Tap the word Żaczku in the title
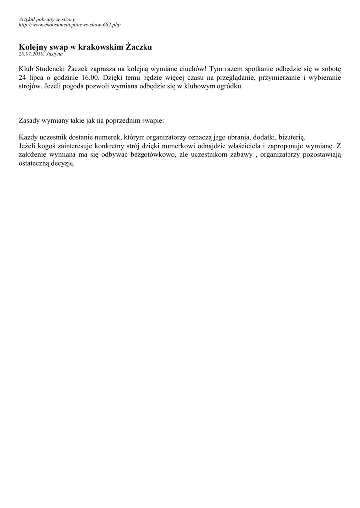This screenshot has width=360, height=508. pyautogui.click(x=138, y=47)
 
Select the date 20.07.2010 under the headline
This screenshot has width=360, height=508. pyautogui.click(x=31, y=53)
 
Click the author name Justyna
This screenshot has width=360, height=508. pyautogui.click(x=54, y=53)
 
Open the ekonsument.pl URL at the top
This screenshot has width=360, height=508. pyautogui.click(x=69, y=24)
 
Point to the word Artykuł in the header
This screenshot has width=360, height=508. pyautogui.click(x=27, y=19)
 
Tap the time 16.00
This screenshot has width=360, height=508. pyautogui.click(x=91, y=78)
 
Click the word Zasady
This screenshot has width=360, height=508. pyautogui.click(x=30, y=120)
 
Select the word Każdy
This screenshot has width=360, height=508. pyautogui.click(x=28, y=137)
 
